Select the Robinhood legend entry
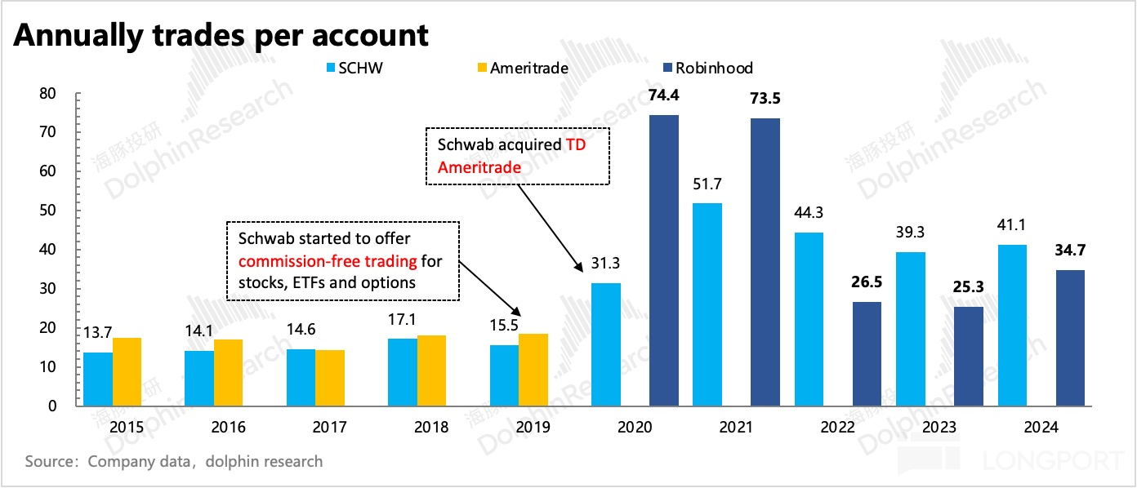coord(713,68)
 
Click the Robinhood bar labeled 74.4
coord(664,260)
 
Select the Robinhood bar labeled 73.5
coord(765,262)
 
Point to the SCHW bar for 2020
coord(606,344)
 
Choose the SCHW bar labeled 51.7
coord(707,304)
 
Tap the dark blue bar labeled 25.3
coord(969,356)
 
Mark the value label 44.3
coord(809,215)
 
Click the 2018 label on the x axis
coord(430,427)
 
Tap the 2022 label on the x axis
coord(837,427)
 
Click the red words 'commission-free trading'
coord(328,262)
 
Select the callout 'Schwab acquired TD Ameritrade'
coord(516,155)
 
